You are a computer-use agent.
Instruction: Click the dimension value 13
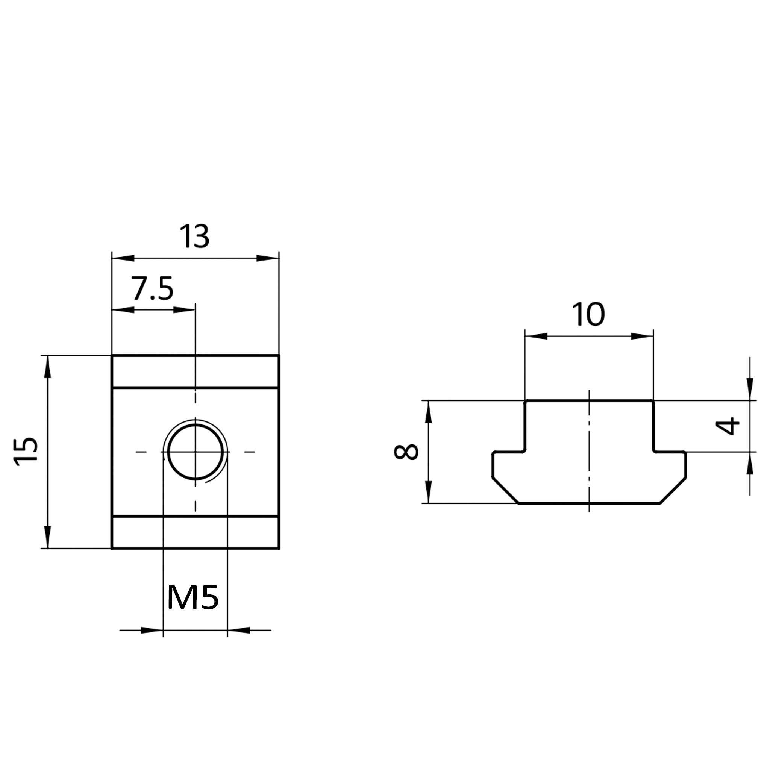coord(194,236)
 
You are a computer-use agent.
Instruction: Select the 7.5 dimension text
coord(153,288)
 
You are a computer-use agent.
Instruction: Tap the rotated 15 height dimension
coord(26,452)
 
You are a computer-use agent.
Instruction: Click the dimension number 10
coord(588,314)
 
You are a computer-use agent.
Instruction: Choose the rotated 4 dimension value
coord(728,426)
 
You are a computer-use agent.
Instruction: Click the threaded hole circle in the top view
coord(195,452)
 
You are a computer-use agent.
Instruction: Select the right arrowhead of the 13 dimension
coord(267,258)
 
